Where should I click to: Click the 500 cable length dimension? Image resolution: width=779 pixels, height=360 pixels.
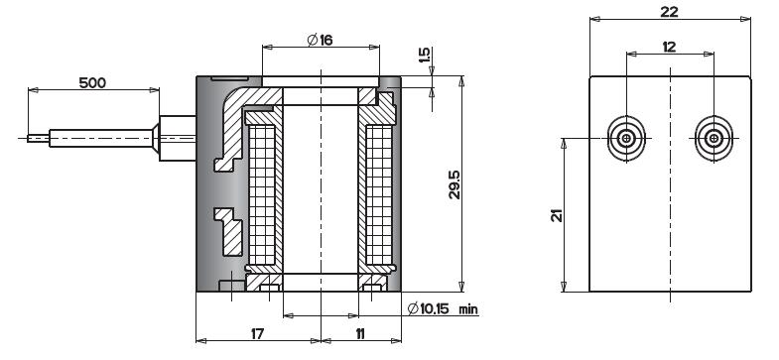[92, 82]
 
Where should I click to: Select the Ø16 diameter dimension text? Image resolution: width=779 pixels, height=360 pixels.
[320, 40]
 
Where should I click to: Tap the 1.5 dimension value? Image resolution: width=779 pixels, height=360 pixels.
[424, 56]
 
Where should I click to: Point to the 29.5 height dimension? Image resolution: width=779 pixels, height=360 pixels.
[454, 184]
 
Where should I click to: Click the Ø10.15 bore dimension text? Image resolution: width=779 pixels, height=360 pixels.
[429, 308]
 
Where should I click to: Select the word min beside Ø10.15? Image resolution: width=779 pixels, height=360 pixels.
[468, 309]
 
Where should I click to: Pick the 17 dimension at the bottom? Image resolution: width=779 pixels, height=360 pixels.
[257, 333]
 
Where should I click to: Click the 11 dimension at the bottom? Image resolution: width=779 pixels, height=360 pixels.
[360, 333]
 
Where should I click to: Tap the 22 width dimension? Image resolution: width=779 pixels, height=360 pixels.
[669, 12]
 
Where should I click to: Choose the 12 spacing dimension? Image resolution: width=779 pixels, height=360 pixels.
[669, 48]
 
